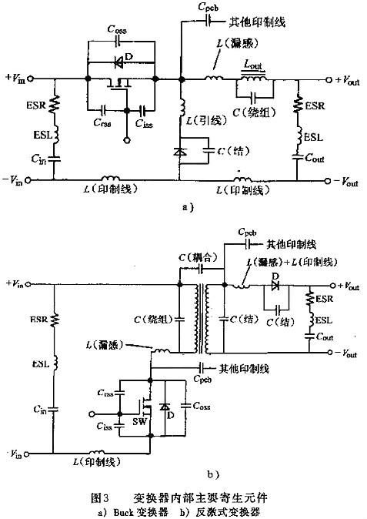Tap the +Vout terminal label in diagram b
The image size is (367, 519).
tap(347, 286)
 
